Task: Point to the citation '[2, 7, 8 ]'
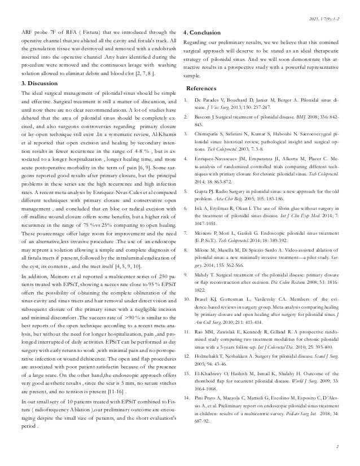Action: (x=126, y=73)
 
